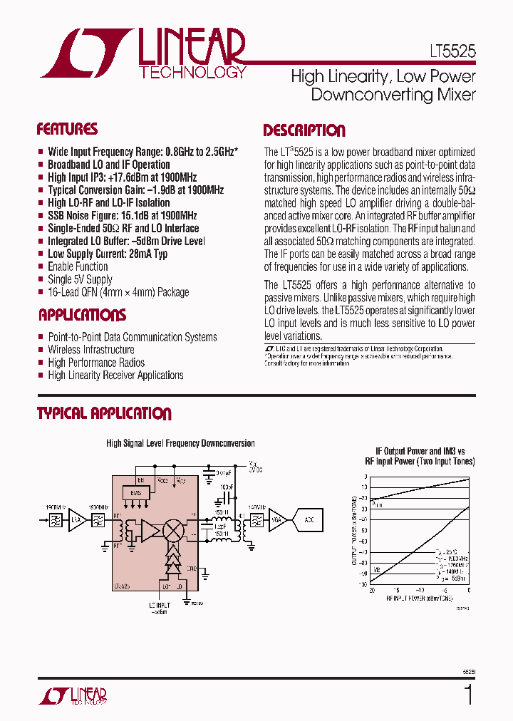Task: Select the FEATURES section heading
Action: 67,129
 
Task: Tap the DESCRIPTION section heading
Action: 304,130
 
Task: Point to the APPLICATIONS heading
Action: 82,315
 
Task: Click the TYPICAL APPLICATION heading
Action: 104,413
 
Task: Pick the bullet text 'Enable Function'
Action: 78,266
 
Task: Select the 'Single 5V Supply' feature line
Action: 80,279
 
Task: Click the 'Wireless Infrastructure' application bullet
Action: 90,350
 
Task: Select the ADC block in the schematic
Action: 309,520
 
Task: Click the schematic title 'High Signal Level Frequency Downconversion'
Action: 180,443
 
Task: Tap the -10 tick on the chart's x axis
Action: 420,591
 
